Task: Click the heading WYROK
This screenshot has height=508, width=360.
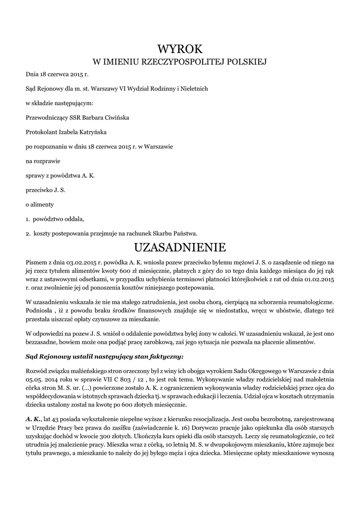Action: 180,49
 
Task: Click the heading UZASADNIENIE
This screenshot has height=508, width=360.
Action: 180,247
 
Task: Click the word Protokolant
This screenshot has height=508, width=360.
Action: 41,132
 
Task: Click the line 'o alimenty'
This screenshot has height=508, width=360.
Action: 40,204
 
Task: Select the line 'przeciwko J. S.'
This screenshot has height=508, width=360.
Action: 46,190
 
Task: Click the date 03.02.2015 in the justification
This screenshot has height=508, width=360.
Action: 82,261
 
